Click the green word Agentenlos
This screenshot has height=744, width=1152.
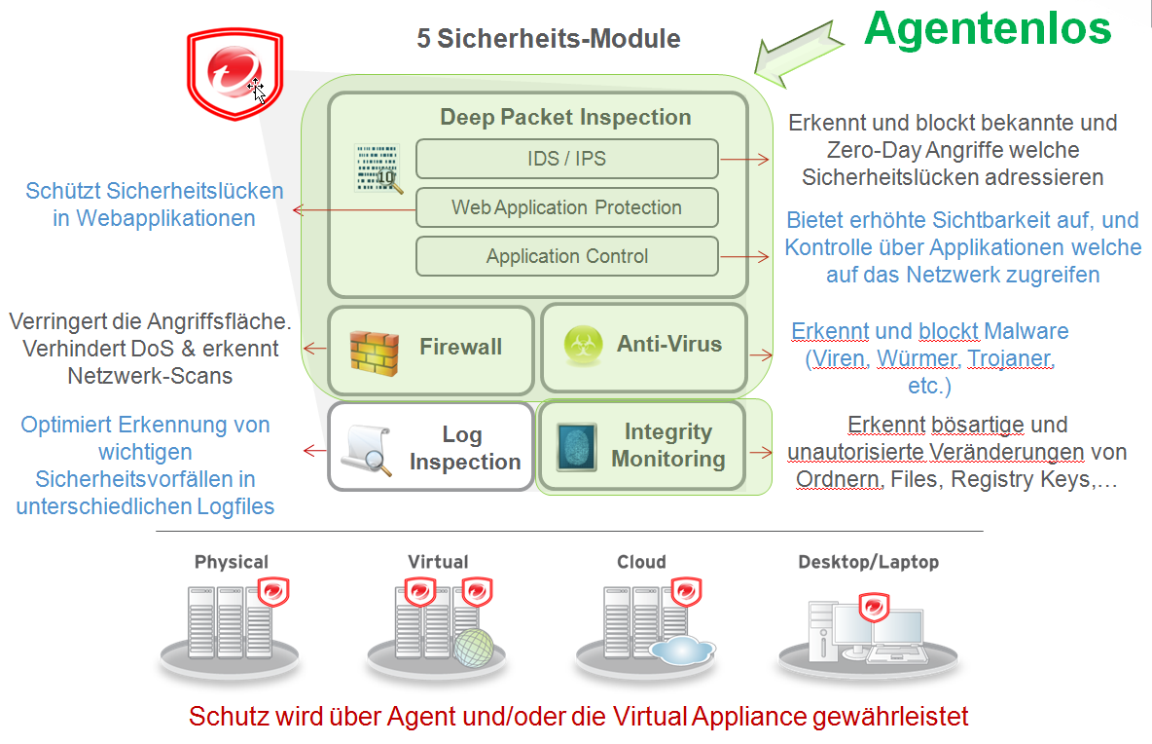pos(988,28)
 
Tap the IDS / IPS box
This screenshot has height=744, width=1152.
pos(566,159)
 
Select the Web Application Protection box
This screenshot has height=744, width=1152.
pos(566,207)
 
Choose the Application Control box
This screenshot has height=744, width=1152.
pos(566,257)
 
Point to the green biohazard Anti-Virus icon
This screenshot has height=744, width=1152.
pos(582,345)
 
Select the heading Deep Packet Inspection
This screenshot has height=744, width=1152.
pos(565,118)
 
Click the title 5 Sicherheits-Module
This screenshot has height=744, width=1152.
pos(549,39)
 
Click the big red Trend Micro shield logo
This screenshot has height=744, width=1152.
pos(234,74)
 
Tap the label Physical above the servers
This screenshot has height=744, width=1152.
pos(231,562)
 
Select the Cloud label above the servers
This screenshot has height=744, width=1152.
pos(641,562)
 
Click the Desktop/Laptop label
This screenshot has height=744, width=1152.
pos(868,562)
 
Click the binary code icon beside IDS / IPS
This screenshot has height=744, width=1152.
pos(378,167)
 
